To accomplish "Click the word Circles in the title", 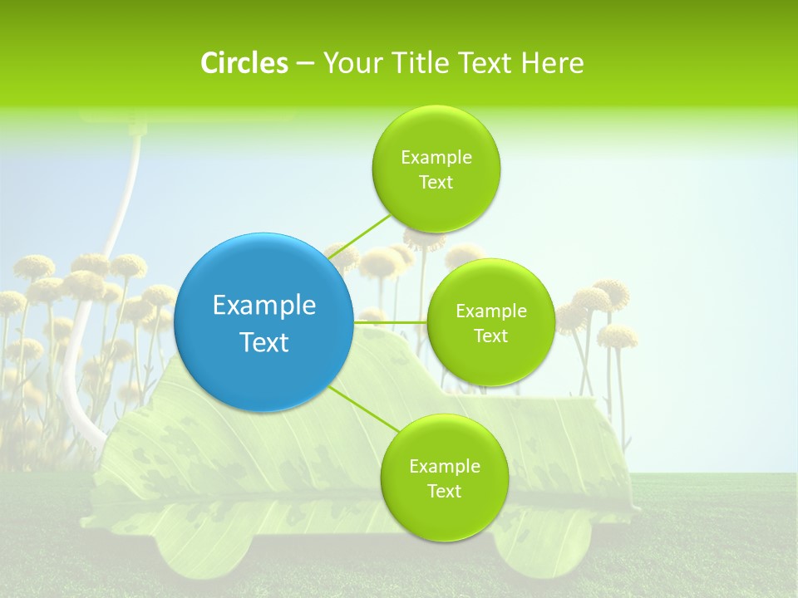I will tap(244, 63).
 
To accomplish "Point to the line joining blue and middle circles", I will tap(391, 322).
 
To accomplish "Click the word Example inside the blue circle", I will tap(264, 306).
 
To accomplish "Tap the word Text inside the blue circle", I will tap(264, 342).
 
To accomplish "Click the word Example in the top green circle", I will tap(436, 158).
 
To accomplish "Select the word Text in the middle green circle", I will tap(490, 336).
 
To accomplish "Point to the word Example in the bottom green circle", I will tap(444, 467).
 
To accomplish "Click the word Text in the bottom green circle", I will tap(444, 492).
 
